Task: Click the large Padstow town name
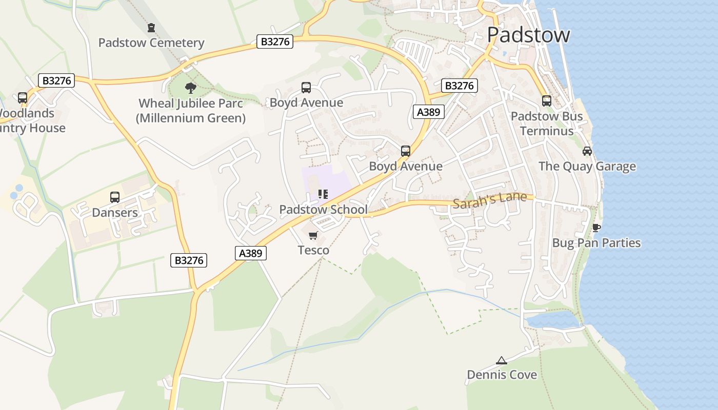[528, 35]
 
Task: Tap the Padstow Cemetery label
[151, 43]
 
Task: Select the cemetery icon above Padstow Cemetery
[151, 27]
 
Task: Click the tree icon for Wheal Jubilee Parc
[191, 88]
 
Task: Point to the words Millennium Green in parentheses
[191, 118]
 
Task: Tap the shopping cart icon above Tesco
[313, 235]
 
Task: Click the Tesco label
[313, 250]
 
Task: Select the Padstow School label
[323, 210]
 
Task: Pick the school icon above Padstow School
[323, 194]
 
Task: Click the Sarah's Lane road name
[489, 200]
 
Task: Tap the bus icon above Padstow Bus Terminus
[547, 101]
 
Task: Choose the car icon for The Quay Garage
[587, 151]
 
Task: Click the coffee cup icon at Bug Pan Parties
[596, 228]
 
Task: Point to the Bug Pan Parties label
[596, 243]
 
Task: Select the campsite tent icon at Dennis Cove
[502, 360]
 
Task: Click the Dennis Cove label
[502, 375]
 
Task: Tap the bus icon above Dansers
[115, 197]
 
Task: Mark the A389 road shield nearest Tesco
[251, 253]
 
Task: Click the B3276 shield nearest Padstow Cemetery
[275, 42]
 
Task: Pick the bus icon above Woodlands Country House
[23, 98]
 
